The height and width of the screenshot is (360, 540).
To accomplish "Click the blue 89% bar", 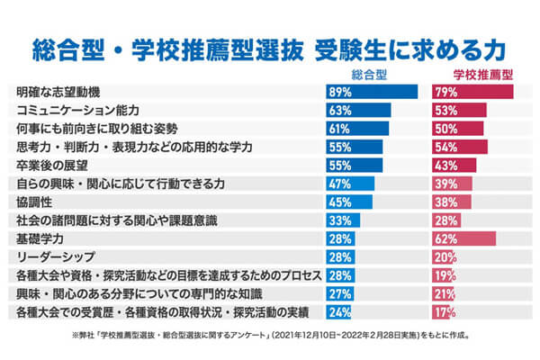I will click(371, 92).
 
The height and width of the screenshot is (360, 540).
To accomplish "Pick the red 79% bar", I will click(472, 92).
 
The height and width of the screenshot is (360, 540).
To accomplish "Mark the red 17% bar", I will click(443, 312).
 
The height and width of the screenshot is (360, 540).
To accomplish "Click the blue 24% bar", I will click(338, 312).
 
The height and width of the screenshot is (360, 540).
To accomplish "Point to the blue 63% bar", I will click(358, 110).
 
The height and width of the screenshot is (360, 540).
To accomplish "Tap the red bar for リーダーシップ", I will click(445, 257).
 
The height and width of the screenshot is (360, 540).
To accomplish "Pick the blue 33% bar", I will click(343, 220).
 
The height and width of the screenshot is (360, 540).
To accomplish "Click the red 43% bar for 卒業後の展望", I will click(454, 165).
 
